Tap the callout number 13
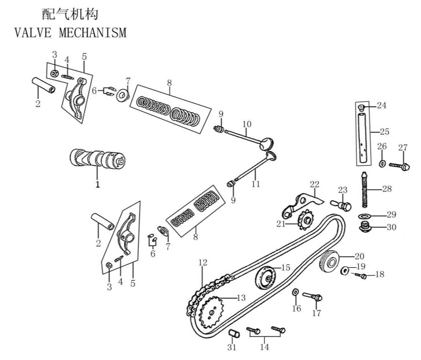click(240, 298)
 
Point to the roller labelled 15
click(266, 278)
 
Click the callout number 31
click(231, 347)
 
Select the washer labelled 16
click(295, 292)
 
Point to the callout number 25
click(385, 131)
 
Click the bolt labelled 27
click(399, 166)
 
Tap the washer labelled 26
click(382, 163)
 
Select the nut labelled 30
click(364, 227)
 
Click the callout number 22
click(314, 184)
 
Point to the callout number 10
click(247, 124)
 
